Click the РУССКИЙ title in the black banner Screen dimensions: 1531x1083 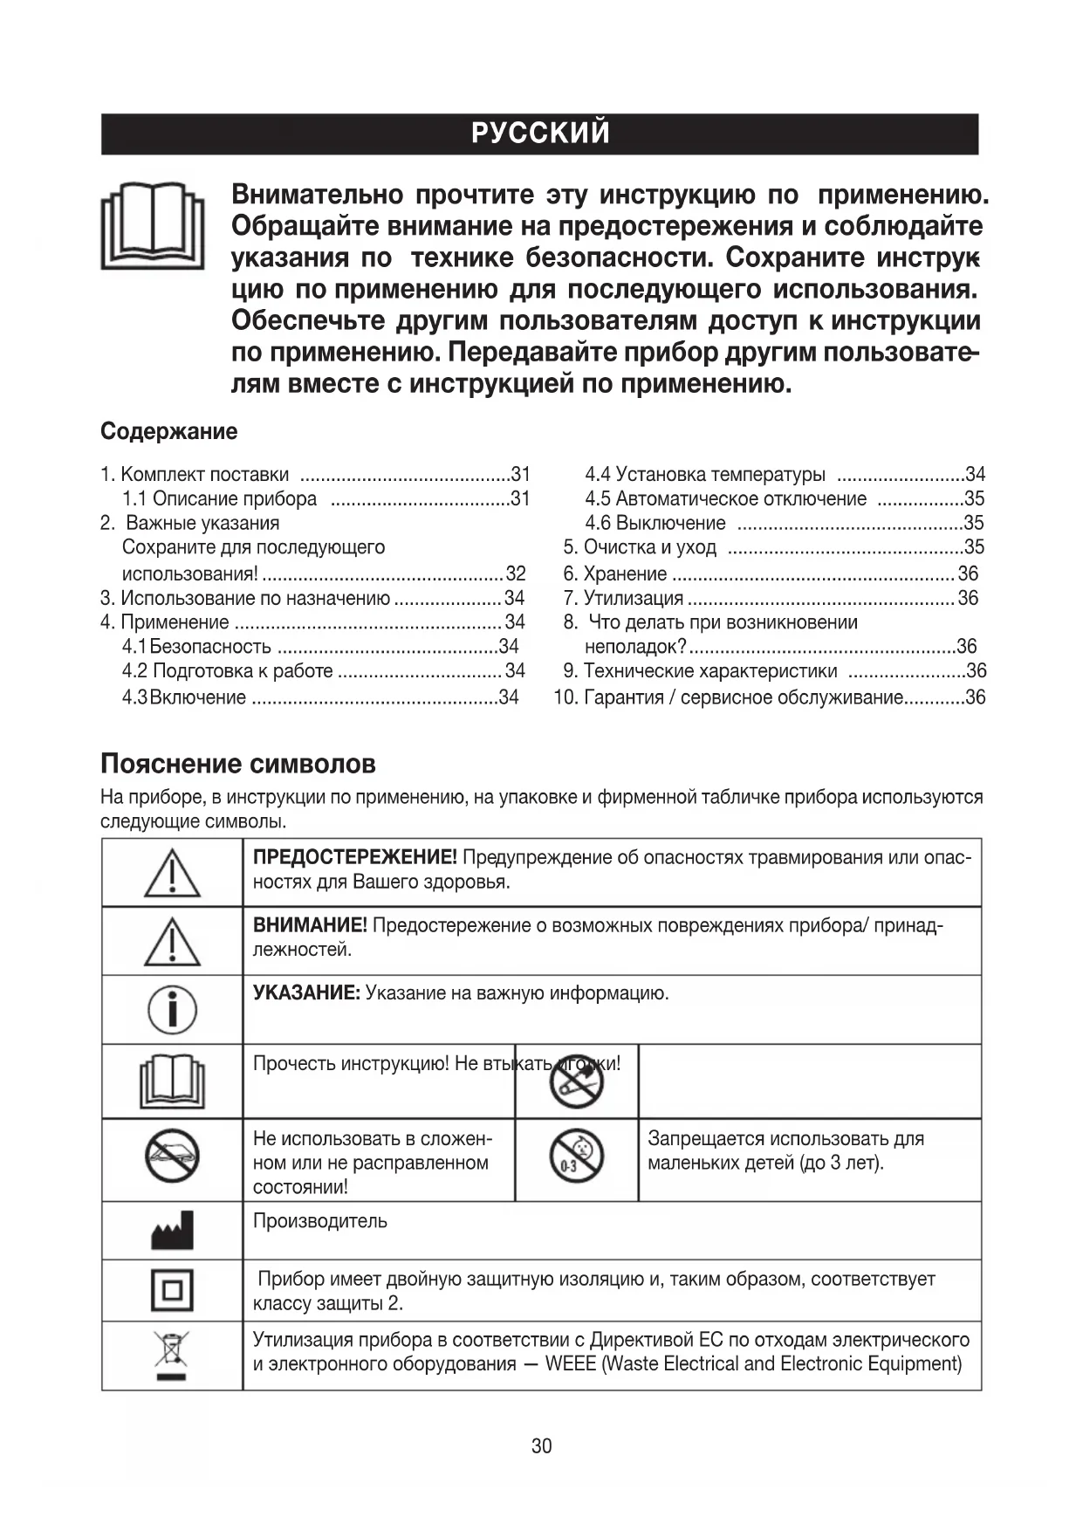coord(540,134)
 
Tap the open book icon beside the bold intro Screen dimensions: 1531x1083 coord(153,226)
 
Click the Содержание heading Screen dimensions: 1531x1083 coord(168,431)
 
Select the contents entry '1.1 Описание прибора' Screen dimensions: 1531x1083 coord(219,499)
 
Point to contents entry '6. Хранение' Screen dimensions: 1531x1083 coord(624,573)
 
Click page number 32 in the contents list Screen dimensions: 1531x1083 coord(516,573)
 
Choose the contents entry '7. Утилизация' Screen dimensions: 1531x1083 coord(633,598)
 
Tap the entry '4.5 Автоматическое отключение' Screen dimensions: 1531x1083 coord(725,499)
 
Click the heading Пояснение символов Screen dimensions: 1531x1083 coord(238,764)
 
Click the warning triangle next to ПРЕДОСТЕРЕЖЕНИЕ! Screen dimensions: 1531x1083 coord(172,873)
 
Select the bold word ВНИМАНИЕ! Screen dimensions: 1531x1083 coord(310,926)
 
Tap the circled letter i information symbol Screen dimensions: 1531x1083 coord(172,1009)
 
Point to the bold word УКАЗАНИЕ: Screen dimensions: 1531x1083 coord(306,993)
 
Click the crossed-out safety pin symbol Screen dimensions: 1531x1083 coord(576,1081)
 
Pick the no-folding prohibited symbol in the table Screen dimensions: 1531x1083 coord(172,1157)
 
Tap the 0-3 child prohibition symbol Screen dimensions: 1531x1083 coord(576,1158)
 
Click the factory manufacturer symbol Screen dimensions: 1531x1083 coord(172,1231)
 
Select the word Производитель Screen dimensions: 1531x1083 coord(319,1221)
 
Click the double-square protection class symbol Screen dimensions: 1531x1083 coord(172,1289)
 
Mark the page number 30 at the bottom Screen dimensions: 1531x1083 coord(541,1446)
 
